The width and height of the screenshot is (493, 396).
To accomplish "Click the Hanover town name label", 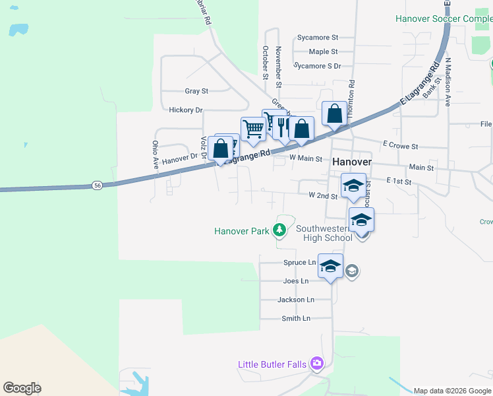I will click(352, 162).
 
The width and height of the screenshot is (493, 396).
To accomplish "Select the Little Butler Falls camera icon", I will click(318, 364).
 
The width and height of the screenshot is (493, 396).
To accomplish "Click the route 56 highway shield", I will click(97, 186).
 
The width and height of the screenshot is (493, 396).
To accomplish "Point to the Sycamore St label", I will click(317, 38).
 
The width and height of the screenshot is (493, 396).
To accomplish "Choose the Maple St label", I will click(323, 51).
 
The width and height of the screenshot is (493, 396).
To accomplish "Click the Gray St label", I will click(196, 91).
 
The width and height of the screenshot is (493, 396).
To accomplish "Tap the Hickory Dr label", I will click(186, 110).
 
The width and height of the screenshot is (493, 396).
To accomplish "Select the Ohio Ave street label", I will click(156, 156).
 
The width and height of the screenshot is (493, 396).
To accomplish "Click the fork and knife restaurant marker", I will click(283, 126).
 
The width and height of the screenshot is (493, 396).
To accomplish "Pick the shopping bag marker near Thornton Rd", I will click(335, 114).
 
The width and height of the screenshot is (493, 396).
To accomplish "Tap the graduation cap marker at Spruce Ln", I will click(331, 267).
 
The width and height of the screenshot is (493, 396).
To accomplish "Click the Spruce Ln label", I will click(300, 263).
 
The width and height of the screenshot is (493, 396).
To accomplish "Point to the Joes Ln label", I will click(296, 281).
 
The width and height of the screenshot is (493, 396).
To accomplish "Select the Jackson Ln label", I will click(296, 300).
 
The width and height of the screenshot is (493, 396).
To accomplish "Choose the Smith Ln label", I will click(296, 319).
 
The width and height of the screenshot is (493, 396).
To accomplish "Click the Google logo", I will click(22, 388).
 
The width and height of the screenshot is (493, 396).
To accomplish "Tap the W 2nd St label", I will click(323, 196).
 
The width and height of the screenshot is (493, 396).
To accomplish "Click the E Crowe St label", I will click(400, 145).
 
